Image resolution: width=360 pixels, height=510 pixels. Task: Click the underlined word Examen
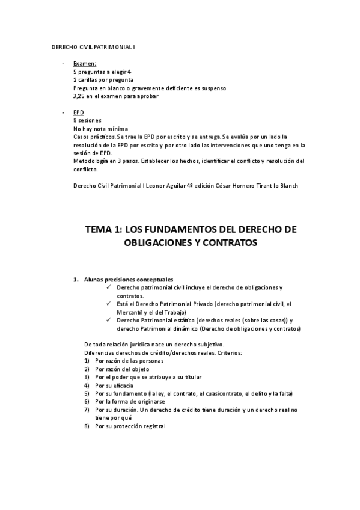(85, 63)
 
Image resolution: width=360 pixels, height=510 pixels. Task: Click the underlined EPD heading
(79, 112)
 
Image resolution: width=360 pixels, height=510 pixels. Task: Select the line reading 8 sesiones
(87, 120)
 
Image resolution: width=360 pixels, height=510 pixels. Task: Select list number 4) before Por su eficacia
(87, 385)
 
